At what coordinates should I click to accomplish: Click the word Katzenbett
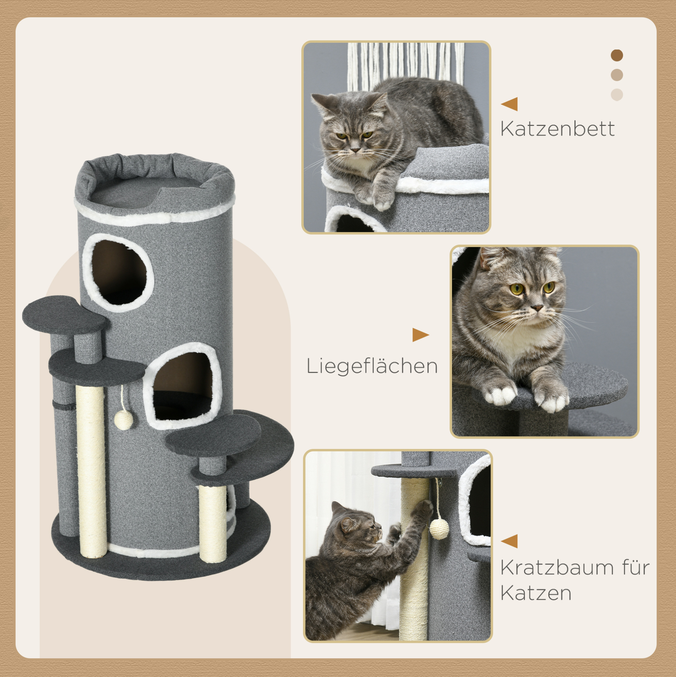[557, 129]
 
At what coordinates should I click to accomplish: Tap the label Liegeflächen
[372, 366]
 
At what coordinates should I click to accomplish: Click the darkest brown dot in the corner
[616, 55]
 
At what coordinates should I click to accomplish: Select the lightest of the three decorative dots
[616, 95]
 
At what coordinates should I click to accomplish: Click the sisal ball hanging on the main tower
[124, 420]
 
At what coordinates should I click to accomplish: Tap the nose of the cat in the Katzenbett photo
[356, 150]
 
